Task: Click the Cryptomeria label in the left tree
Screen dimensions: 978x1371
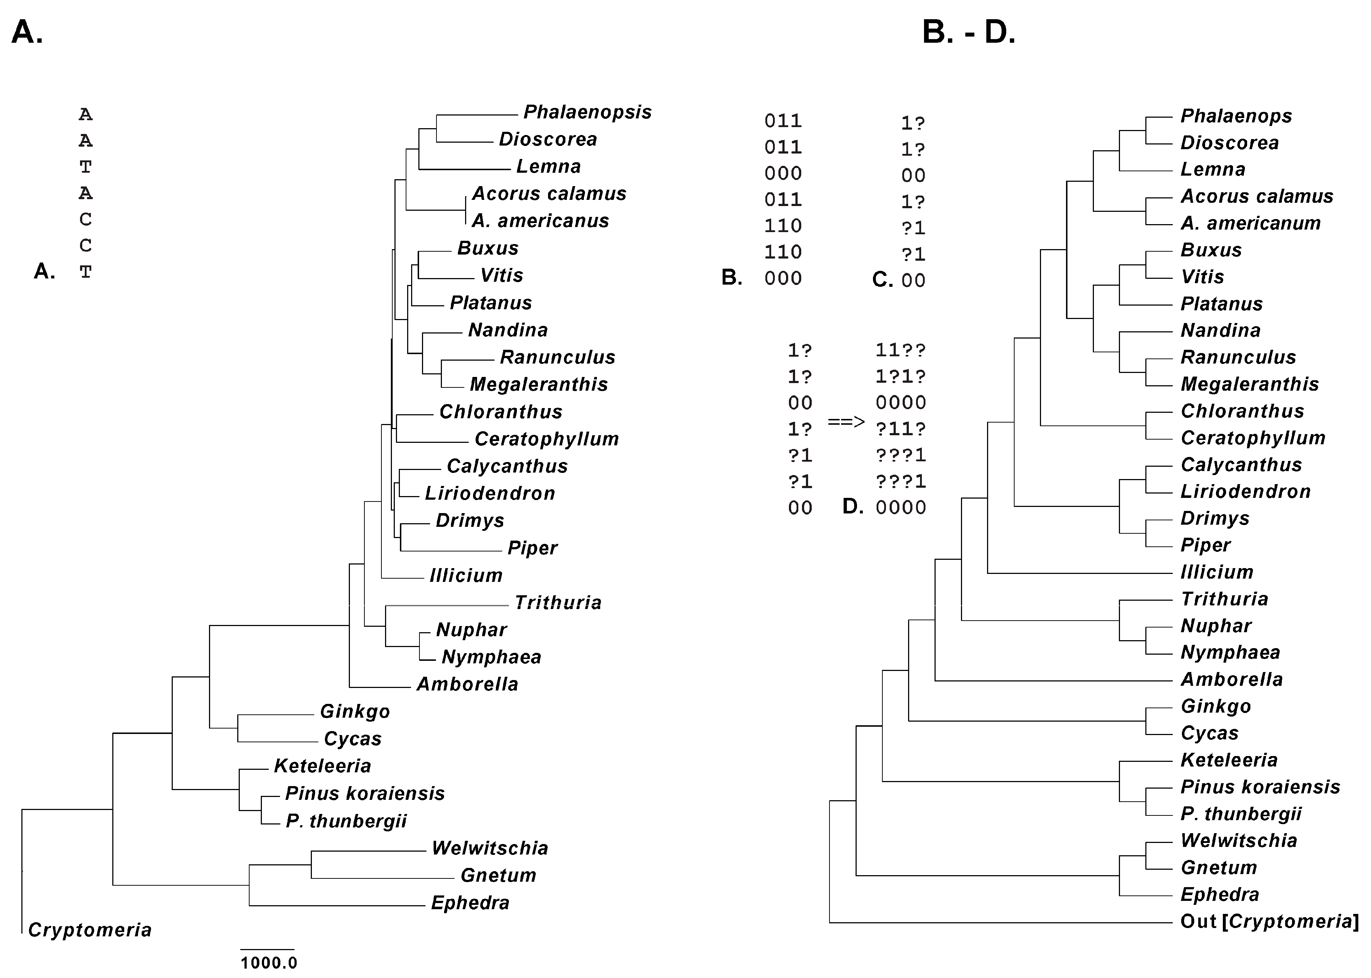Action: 90,930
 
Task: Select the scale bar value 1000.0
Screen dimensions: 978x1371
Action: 269,963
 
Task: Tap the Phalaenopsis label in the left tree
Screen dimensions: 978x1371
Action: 587,112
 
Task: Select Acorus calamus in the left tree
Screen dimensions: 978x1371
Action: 549,193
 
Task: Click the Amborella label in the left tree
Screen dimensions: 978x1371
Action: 467,684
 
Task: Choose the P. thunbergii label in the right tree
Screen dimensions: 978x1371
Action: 1241,814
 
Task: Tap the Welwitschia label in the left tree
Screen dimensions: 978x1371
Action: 490,848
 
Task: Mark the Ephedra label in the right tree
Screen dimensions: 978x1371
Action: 1220,894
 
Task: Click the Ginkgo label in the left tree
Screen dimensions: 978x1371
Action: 355,711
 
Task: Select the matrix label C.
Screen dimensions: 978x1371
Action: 882,280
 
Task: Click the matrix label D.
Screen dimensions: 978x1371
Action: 852,507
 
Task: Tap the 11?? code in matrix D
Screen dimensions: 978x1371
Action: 900,350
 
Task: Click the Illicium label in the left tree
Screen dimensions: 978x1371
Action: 466,575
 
